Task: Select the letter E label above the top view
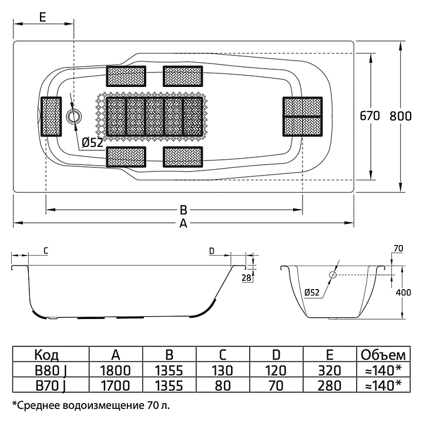click(x=43, y=17)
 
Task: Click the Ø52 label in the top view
click(x=92, y=142)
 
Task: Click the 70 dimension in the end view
click(x=398, y=249)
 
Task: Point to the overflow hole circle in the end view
click(x=332, y=275)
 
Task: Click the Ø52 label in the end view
click(x=313, y=292)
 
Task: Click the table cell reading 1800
click(x=116, y=370)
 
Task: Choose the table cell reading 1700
click(x=116, y=385)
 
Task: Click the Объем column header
click(x=382, y=354)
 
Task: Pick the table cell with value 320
click(x=329, y=370)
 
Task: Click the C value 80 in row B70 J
click(x=222, y=385)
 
